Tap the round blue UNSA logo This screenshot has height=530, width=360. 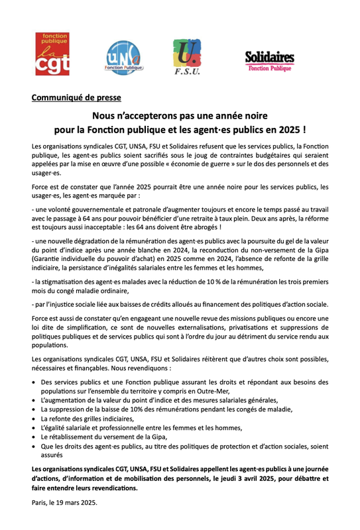123,56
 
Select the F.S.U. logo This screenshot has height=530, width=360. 187,56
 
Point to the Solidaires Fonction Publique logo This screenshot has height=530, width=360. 270,60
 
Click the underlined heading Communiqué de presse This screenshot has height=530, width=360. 76,98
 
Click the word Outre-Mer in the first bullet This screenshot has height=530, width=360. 210,392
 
